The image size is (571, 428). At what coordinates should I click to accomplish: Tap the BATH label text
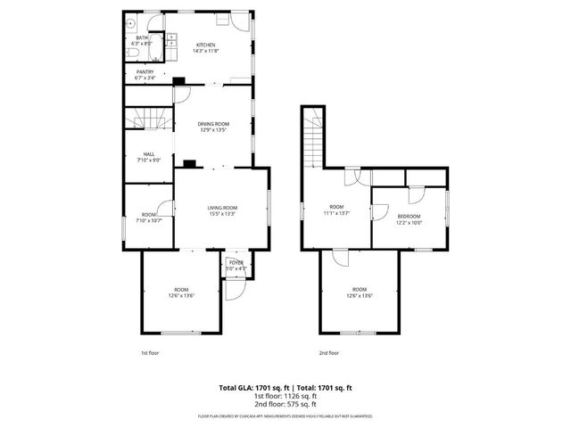pos(141,37)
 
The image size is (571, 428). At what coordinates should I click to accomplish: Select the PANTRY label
pos(145,72)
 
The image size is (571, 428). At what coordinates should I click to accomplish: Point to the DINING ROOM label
pos(214,123)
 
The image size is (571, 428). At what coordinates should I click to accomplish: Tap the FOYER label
pos(236,262)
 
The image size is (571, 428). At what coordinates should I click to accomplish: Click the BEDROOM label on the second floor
pos(409,217)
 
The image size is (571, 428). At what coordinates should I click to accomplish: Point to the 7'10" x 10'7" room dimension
pos(148,219)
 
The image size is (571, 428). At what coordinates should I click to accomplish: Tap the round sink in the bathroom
pos(130,24)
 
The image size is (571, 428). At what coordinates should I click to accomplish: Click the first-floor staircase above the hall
pos(147,119)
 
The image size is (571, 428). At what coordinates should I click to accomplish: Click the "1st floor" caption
pos(150,352)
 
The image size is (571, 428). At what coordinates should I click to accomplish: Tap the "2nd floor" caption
pos(329,352)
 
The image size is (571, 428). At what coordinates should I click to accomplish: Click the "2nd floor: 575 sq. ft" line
pos(285,405)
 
